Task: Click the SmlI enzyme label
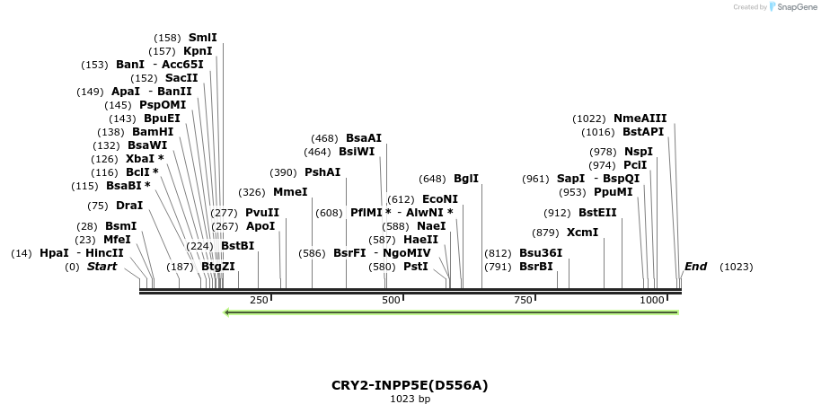(x=202, y=38)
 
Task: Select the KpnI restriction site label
(x=198, y=51)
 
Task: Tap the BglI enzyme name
(x=466, y=179)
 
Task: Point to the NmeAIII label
(x=640, y=118)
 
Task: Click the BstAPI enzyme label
(x=643, y=132)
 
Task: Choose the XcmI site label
(x=582, y=233)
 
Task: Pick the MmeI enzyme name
(x=290, y=192)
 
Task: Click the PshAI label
(x=322, y=172)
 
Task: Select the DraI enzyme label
(x=129, y=206)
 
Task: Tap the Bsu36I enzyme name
(x=541, y=253)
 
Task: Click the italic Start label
(x=102, y=267)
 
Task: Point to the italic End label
(x=695, y=267)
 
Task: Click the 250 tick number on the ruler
(x=259, y=300)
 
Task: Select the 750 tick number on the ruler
(x=523, y=300)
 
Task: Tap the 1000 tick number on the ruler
(x=652, y=300)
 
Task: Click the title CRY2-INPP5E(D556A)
(x=410, y=385)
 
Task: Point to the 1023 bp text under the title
(x=410, y=400)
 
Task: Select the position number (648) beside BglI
(x=432, y=179)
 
